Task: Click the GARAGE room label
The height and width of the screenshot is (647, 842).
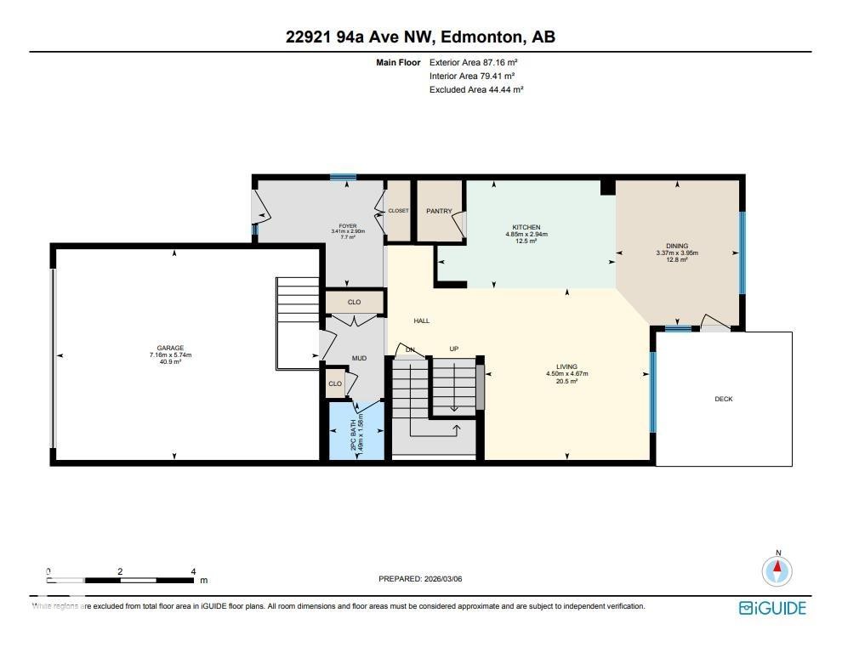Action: pos(171,349)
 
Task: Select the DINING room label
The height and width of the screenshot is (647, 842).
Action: pos(677,246)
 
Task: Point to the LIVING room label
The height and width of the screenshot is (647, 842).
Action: pos(567,366)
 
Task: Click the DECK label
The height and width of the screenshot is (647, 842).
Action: pos(724,399)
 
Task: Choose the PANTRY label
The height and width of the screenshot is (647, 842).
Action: pos(439,211)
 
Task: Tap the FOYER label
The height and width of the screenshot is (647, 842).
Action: pos(348,226)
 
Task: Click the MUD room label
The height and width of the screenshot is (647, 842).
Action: pos(359,358)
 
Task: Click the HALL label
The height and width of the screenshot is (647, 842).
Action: pos(421,321)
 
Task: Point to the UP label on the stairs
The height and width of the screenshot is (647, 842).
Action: pos(453,349)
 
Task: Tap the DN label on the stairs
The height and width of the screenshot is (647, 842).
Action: pos(409,349)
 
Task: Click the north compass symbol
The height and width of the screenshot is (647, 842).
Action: pos(777,570)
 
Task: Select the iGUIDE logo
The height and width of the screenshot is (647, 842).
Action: pos(771,607)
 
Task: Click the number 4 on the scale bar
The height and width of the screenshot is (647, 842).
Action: pos(193,572)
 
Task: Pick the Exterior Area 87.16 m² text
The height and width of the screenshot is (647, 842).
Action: pos(474,62)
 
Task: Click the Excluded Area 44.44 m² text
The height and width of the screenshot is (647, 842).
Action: pos(476,89)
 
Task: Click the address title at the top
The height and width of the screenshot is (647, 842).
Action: pos(421,37)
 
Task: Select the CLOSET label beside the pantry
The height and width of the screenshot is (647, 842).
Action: pos(398,211)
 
